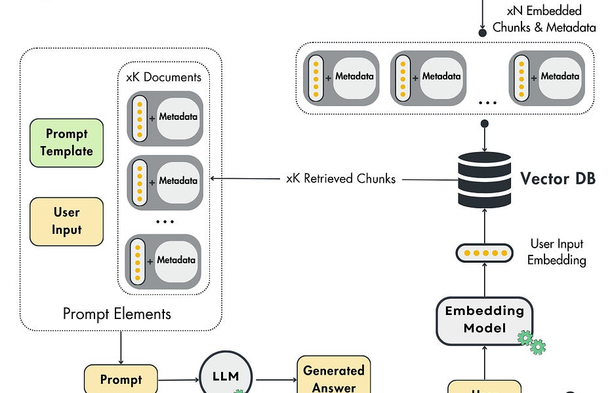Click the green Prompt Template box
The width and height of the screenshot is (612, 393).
click(66, 143)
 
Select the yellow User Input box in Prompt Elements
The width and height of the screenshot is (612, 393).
click(66, 221)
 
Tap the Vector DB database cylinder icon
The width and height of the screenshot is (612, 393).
click(484, 179)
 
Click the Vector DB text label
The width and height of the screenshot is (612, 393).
click(558, 178)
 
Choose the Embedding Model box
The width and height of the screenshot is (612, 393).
click(485, 319)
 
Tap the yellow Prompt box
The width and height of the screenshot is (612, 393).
click(121, 379)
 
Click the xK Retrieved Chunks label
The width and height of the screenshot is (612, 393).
click(341, 178)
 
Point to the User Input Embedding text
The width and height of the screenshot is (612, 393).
click(557, 252)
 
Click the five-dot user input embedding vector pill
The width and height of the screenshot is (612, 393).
click(484, 253)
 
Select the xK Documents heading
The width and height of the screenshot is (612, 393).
click(163, 77)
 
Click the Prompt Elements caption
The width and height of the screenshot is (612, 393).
click(117, 314)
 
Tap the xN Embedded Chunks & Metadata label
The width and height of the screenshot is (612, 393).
click(544, 19)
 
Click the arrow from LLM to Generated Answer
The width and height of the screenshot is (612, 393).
click(275, 379)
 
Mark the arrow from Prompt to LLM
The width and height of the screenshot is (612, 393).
click(178, 379)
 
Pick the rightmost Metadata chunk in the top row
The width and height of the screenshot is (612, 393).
click(546, 77)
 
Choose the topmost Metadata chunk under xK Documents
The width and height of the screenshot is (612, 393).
click(165, 117)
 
